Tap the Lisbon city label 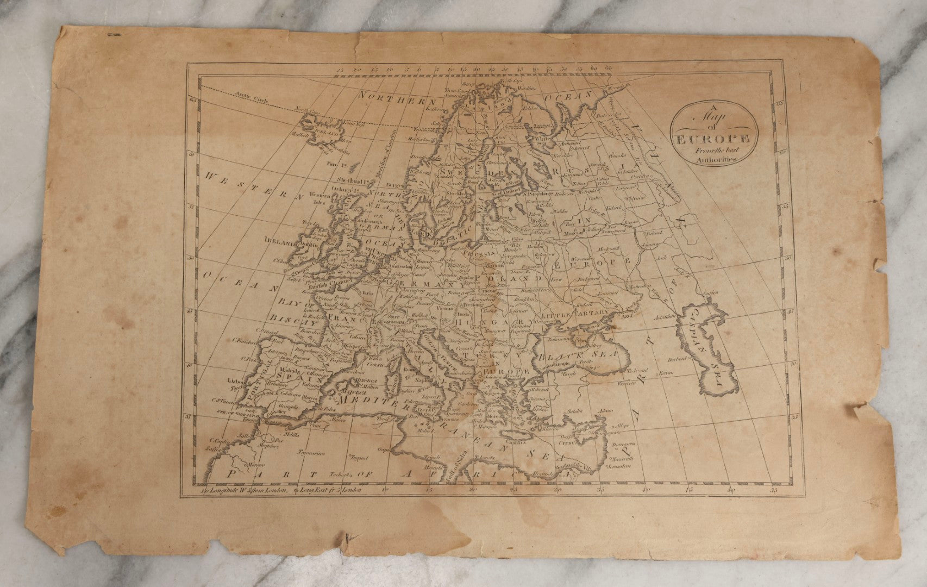(x=237, y=381)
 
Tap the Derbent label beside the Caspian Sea (x=675, y=359)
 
